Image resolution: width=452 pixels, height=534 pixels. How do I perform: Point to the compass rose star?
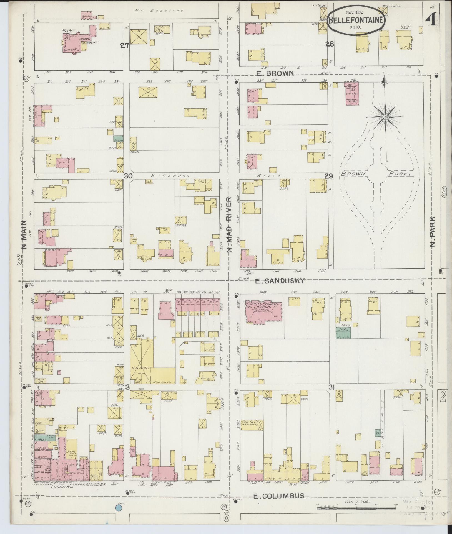click(x=385, y=117)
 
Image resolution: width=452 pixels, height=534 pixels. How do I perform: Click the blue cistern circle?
click(x=119, y=508)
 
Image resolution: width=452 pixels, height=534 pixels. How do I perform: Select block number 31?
click(x=331, y=388)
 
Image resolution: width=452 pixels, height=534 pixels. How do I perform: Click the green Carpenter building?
click(x=343, y=333)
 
